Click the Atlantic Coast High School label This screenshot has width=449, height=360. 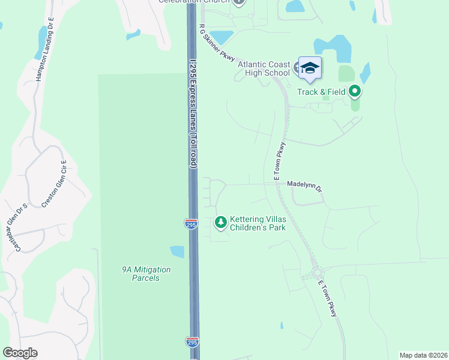(264, 68)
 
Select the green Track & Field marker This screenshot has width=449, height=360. (355, 92)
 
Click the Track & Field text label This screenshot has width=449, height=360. (321, 92)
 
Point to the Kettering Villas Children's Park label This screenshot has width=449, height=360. (258, 223)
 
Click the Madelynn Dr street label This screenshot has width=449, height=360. (304, 186)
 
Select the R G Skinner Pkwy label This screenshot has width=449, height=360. (216, 44)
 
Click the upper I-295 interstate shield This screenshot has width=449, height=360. (191, 224)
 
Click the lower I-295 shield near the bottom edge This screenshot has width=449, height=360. (192, 342)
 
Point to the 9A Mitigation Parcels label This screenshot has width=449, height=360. (146, 274)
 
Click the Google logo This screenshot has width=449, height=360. (20, 353)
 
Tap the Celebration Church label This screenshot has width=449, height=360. (195, 2)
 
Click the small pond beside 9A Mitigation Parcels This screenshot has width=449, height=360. (178, 251)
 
